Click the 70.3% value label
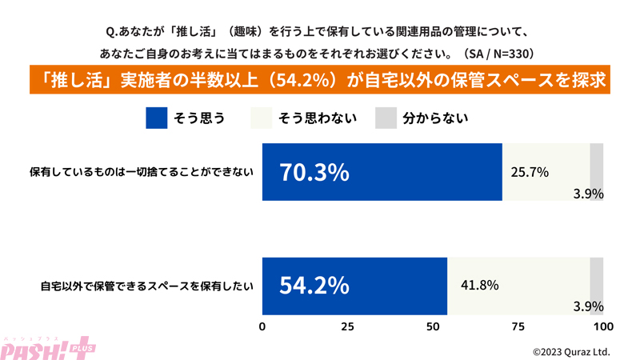(314, 172)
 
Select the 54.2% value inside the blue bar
(314, 286)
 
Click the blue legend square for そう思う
(157, 118)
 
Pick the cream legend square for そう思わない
(262, 118)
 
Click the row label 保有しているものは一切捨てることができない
(142, 172)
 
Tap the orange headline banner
(320, 82)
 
